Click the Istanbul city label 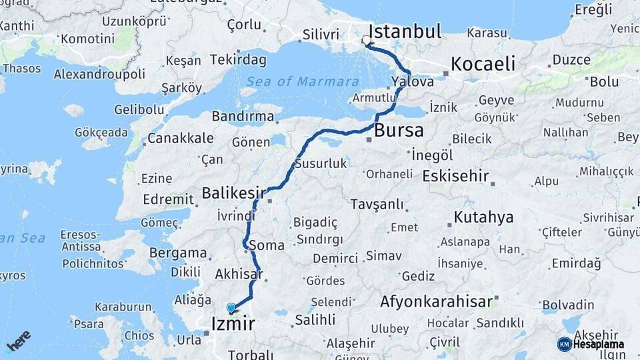pos(405,31)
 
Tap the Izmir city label pos(232,325)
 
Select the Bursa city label pos(399,130)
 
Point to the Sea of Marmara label pos(303,81)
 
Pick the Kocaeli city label pos(483,64)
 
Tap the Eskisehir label pos(456,177)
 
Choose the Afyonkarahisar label pos(437,301)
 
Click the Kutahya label pos(484,217)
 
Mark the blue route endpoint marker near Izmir pos(231,307)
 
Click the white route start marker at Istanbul pos(366,41)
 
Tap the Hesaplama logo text pos(598,345)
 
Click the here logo pos(19,341)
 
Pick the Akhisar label pos(238,274)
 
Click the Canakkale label pos(180,138)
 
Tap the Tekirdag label pos(238,60)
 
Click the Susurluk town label pos(321,163)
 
